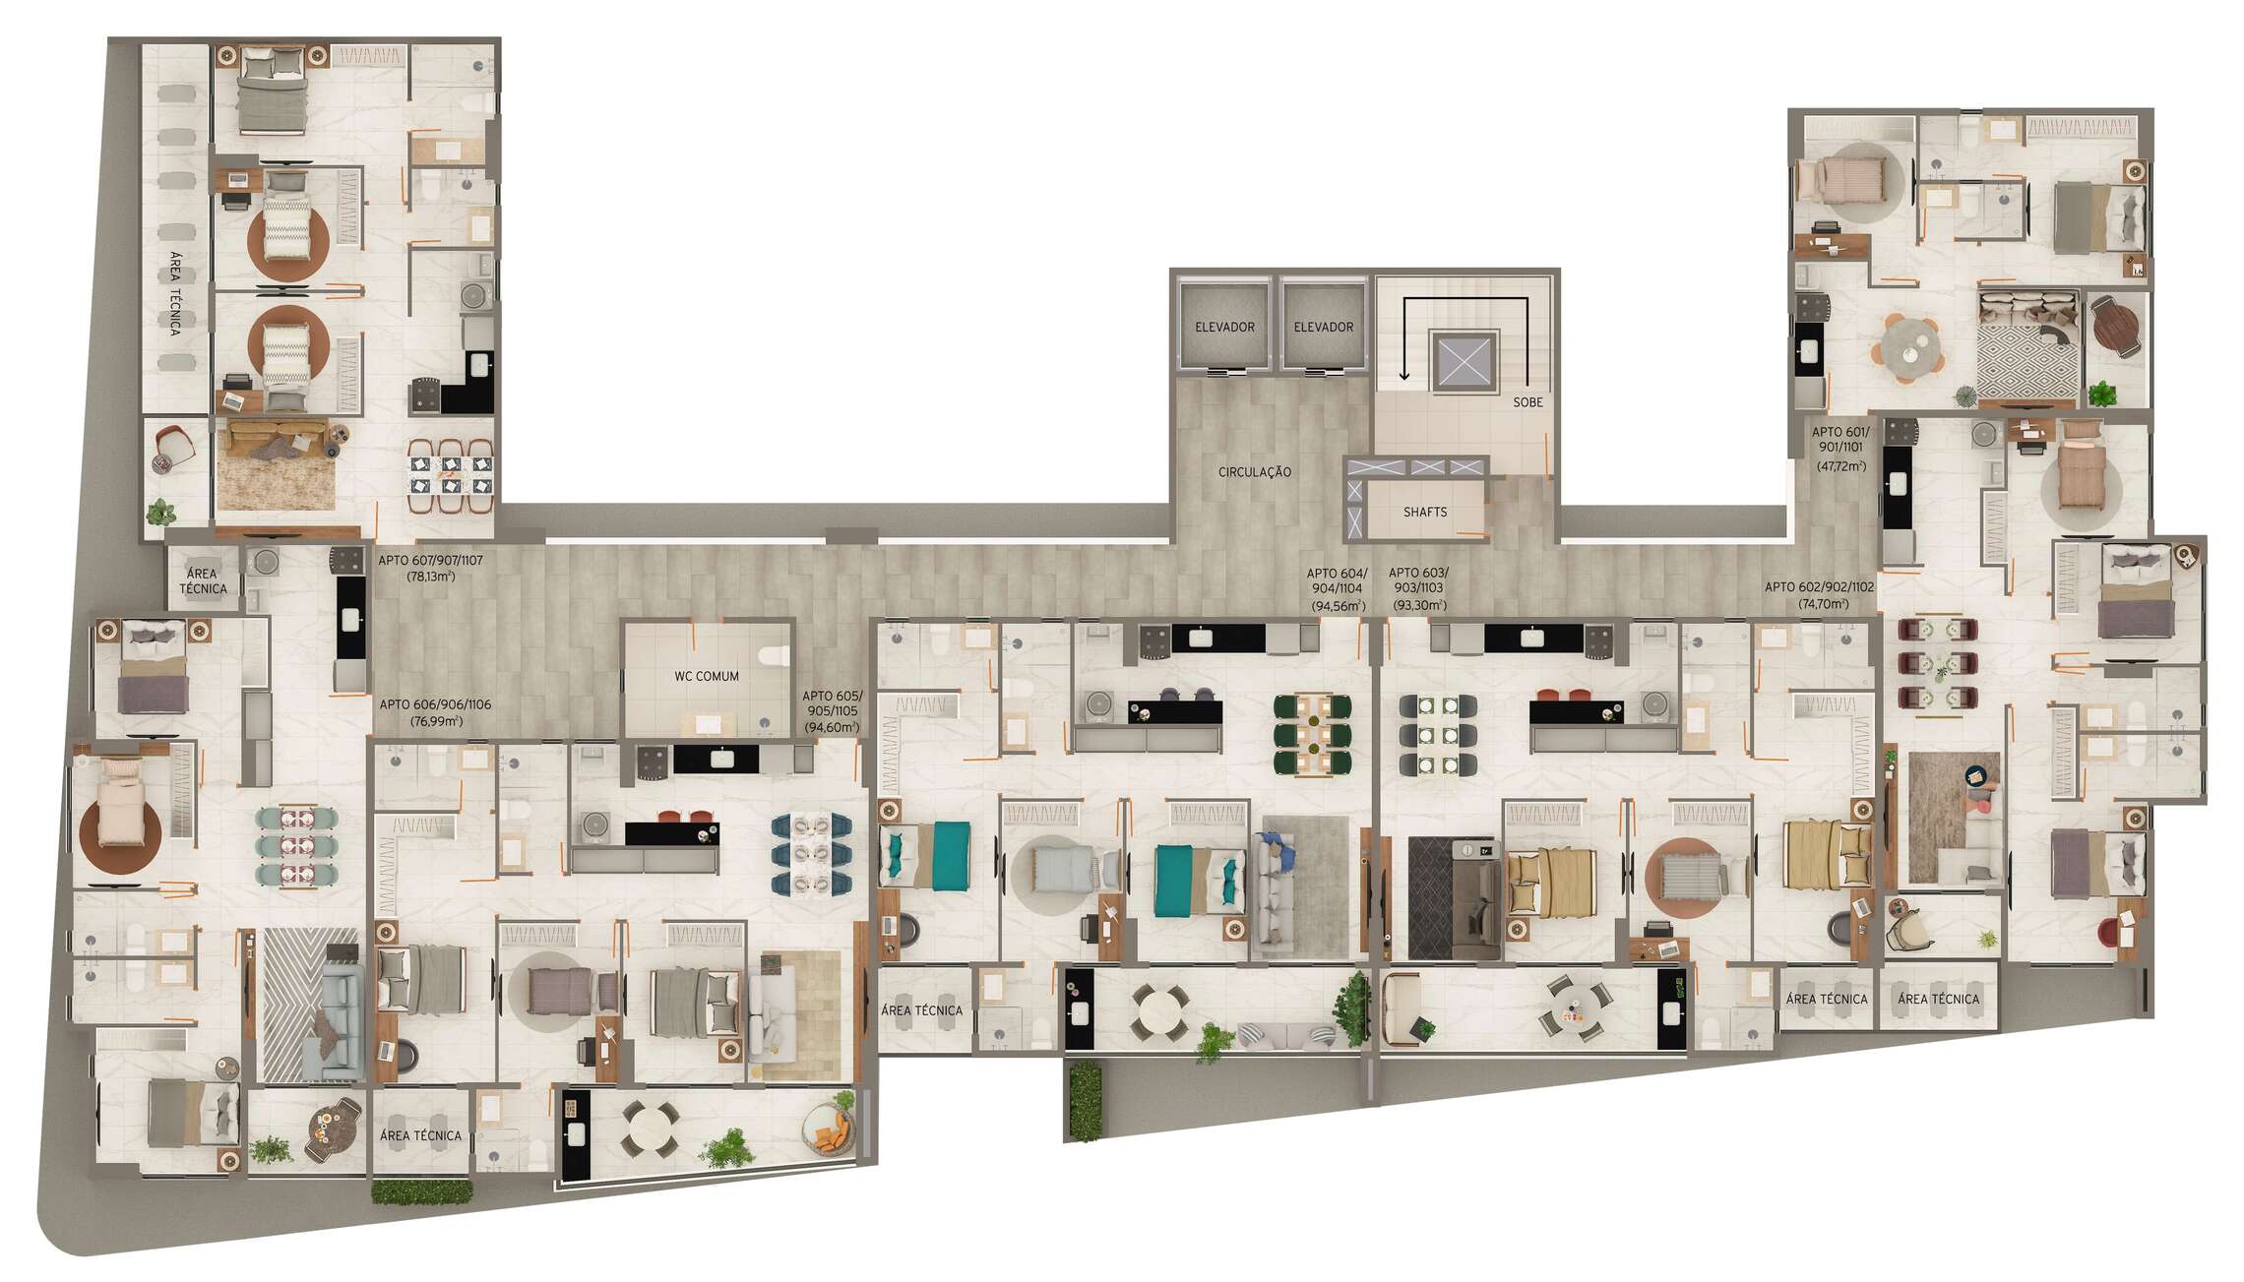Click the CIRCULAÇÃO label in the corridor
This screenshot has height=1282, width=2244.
pos(1254,472)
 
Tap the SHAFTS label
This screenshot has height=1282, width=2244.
pos(1424,513)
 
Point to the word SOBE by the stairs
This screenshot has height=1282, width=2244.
pos(1527,402)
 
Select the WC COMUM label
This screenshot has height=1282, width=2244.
pos(706,677)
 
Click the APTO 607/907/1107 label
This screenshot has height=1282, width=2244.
pos(430,561)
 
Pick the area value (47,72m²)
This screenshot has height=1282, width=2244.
pos(1839,466)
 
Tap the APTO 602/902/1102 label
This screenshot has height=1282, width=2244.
pos(1819,587)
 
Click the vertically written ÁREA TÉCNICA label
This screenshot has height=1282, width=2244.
pos(175,293)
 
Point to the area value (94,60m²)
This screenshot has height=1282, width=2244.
pos(832,728)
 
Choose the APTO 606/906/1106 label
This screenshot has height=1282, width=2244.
pos(435,704)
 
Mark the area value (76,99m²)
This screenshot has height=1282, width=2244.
pos(435,721)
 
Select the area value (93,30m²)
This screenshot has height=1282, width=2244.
pos(1417,606)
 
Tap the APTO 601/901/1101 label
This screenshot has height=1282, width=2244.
pos(1839,439)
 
